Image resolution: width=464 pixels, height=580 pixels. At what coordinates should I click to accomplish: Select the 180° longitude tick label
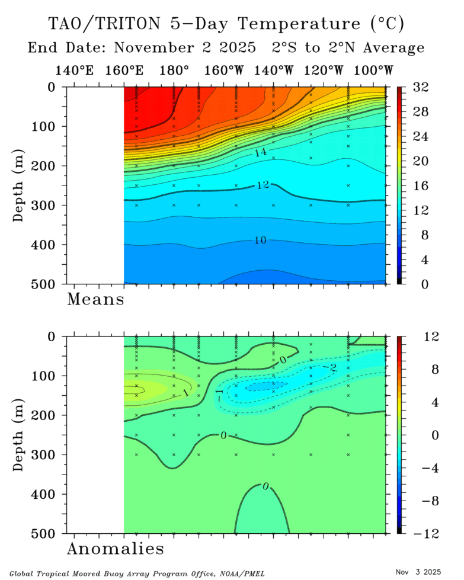(x=174, y=71)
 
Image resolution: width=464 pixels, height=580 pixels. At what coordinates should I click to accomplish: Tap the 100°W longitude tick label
(x=374, y=71)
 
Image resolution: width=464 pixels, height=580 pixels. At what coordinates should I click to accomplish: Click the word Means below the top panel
(x=95, y=299)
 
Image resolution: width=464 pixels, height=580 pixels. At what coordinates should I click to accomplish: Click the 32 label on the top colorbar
(x=420, y=87)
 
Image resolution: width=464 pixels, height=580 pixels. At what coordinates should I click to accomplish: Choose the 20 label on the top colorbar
(x=420, y=161)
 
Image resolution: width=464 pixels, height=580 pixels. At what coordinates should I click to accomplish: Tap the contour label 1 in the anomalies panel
(x=185, y=393)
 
